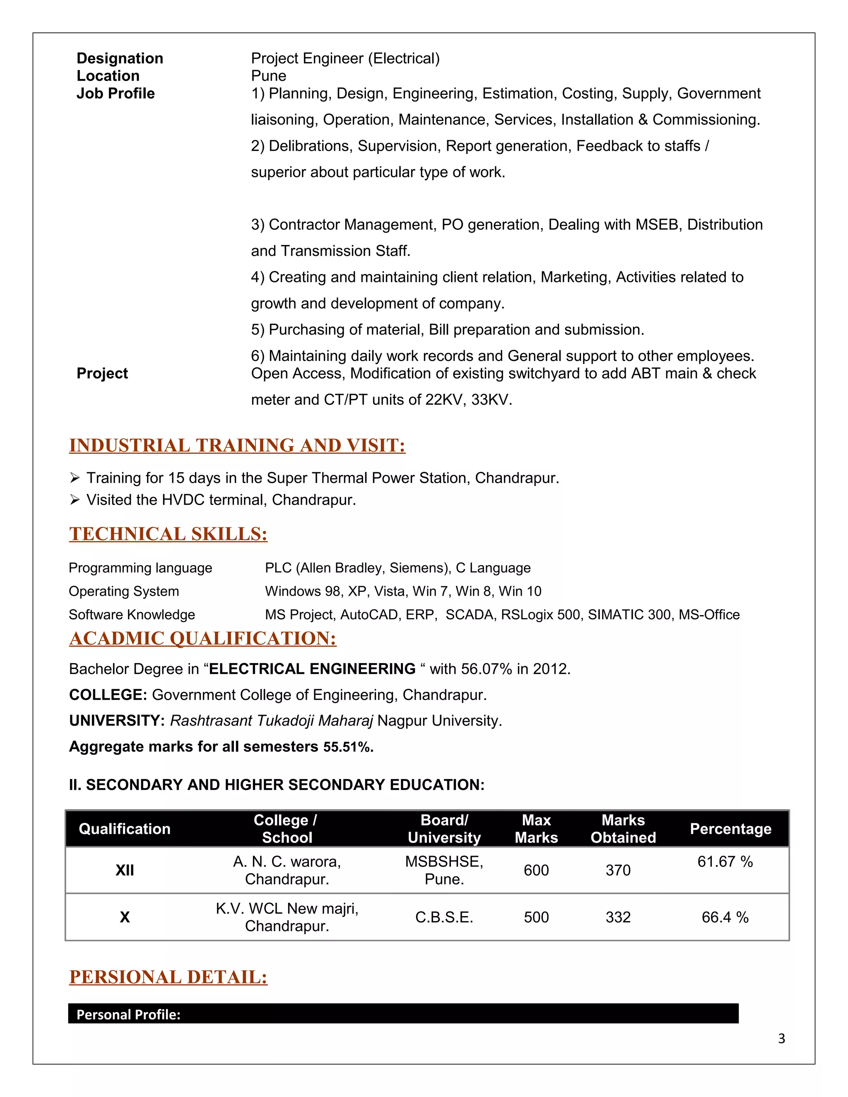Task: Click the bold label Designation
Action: pyautogui.click(x=120, y=58)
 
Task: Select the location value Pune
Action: pyautogui.click(x=268, y=76)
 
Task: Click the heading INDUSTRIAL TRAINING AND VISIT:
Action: pyautogui.click(x=237, y=445)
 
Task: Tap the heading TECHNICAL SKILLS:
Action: pyautogui.click(x=168, y=534)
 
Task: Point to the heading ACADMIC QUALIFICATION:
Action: pyautogui.click(x=202, y=638)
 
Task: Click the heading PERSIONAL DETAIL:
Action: pyautogui.click(x=168, y=977)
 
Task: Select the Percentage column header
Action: pyautogui.click(x=730, y=829)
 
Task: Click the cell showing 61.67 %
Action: pyautogui.click(x=725, y=862)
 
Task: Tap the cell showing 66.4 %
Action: pyautogui.click(x=725, y=918)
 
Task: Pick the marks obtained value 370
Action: pyautogui.click(x=617, y=871)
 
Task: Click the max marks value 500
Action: pyautogui.click(x=536, y=918)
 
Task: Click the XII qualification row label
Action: pyautogui.click(x=125, y=871)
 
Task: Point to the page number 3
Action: pyautogui.click(x=781, y=1039)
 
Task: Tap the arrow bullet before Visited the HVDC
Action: pyautogui.click(x=75, y=500)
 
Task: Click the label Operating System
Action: pyautogui.click(x=123, y=591)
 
